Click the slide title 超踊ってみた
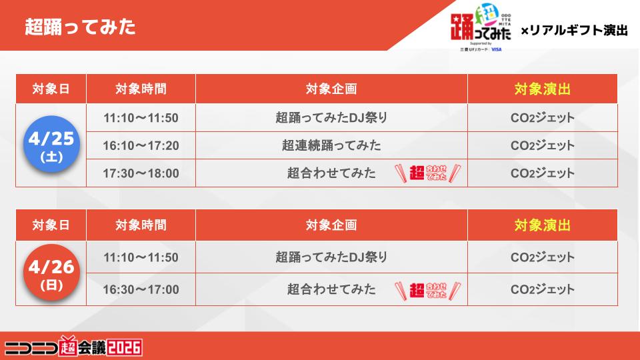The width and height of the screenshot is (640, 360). click(80, 27)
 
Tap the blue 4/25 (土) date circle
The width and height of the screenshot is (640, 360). click(51, 144)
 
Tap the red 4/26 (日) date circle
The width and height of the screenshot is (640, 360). click(51, 272)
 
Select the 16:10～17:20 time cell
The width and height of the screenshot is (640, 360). click(141, 145)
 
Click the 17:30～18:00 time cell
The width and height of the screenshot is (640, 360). click(141, 173)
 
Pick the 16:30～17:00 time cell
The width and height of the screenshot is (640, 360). click(141, 289)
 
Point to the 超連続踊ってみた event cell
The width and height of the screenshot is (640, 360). click(331, 145)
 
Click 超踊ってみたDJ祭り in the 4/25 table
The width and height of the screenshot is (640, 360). click(331, 117)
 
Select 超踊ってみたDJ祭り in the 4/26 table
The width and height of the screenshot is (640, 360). click(331, 257)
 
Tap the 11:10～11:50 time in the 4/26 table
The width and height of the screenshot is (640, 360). click(141, 257)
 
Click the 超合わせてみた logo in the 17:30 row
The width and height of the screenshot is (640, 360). click(428, 173)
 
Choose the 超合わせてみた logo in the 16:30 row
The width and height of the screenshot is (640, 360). click(428, 291)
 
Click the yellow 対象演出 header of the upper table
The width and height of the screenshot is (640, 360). click(543, 89)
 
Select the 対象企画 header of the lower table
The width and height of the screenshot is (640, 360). click(331, 225)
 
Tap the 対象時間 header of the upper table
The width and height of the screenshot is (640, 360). click(141, 89)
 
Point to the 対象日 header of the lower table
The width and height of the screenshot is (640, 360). click(51, 225)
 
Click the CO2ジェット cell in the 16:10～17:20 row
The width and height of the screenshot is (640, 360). click(543, 145)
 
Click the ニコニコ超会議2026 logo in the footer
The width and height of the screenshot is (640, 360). click(73, 347)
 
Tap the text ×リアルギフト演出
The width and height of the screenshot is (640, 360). click(574, 30)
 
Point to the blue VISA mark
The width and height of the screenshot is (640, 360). click(496, 49)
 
